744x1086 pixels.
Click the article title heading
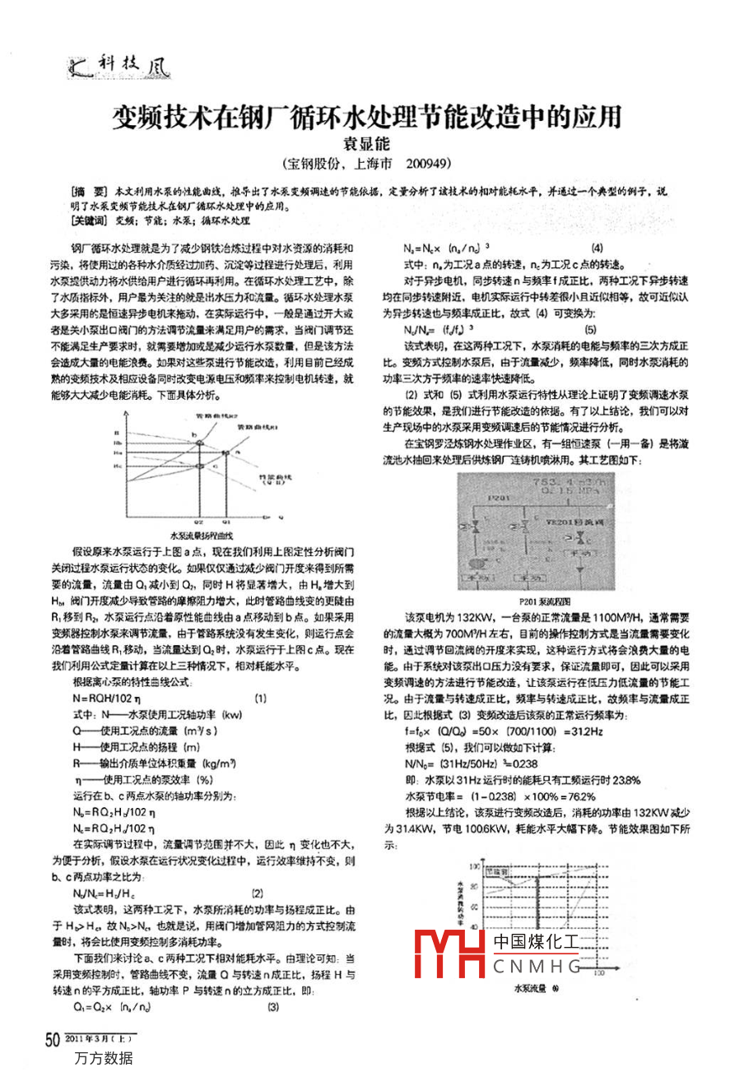[x=367, y=116]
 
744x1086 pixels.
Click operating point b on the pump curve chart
[x=195, y=433]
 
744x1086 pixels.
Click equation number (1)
[x=260, y=698]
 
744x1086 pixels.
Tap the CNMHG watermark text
[x=537, y=966]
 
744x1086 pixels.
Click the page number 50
[x=52, y=1041]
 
